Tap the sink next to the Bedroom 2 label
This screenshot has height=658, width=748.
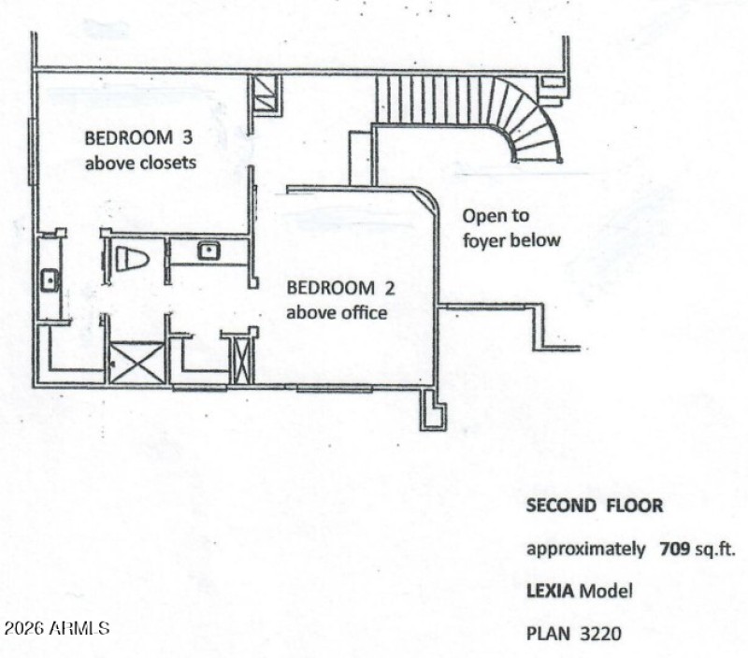click(x=207, y=250)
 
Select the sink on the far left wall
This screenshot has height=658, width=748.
click(x=50, y=279)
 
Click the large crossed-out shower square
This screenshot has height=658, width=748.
click(x=137, y=363)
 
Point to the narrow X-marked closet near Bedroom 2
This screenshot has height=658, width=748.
click(x=242, y=360)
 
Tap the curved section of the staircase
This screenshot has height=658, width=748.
click(x=535, y=131)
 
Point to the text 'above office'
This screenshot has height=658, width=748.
click(x=337, y=312)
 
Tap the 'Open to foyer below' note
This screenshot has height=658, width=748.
click(x=511, y=228)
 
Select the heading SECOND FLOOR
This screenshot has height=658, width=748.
click(x=595, y=507)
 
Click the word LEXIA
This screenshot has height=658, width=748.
click(x=551, y=591)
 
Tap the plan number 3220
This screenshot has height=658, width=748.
click(x=599, y=634)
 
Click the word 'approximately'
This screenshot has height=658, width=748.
click(x=585, y=549)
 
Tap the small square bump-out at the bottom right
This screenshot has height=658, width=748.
click(x=433, y=409)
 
